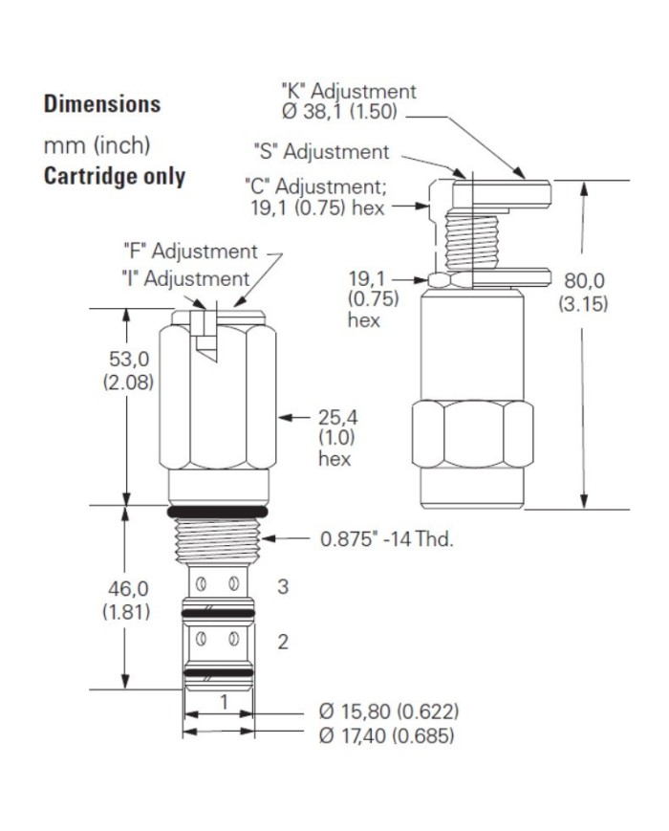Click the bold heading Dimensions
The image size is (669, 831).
coord(102,104)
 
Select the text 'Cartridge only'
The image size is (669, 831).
coord(115,177)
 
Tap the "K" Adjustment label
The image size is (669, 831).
coord(349,91)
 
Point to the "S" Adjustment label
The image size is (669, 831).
coord(321,152)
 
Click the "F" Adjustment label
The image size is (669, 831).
coord(190,251)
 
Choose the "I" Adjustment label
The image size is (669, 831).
coord(185,279)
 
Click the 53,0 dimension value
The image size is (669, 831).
coord(129,359)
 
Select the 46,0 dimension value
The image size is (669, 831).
coord(128,589)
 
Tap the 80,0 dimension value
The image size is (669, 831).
coord(584,280)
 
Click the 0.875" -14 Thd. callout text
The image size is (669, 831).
coord(387,539)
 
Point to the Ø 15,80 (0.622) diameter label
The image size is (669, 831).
coord(389,711)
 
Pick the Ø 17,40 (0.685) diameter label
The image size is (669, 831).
coord(386,735)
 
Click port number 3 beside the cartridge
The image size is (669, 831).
coord(283,587)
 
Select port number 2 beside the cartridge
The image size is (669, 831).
coord(283,642)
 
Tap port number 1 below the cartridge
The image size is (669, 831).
coord(224,702)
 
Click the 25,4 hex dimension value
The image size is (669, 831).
coord(338,418)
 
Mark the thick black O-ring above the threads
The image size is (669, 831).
coord(217,512)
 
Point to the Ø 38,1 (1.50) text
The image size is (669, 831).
coord(339,112)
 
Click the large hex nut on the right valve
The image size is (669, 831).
coord(472,434)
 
